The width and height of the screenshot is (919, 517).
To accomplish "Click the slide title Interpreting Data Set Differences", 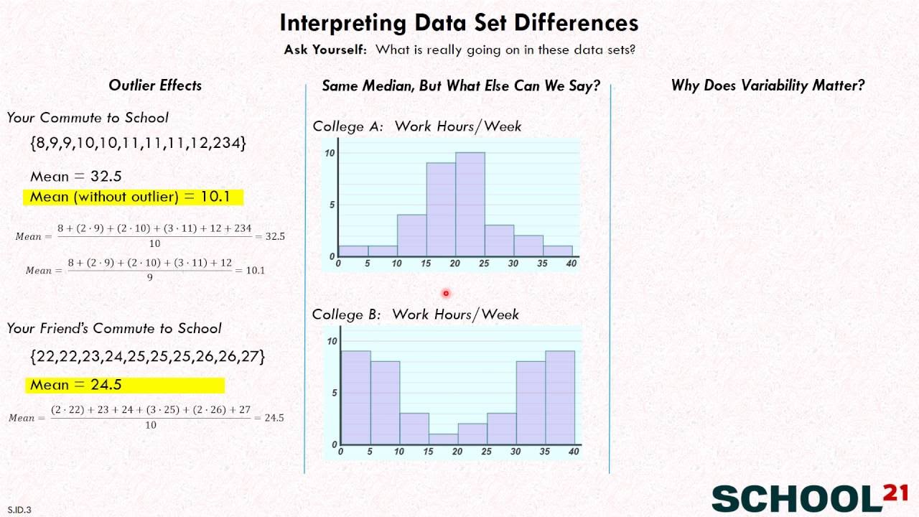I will pos(459,23).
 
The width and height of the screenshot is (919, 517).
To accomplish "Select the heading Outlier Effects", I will pos(155,85).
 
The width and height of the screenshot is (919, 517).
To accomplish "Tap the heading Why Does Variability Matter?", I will pos(768,85).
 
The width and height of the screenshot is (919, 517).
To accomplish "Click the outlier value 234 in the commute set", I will pos(227,143).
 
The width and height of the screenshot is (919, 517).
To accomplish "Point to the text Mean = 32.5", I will pos(76,176).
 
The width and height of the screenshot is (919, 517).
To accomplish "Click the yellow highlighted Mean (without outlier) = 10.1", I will pos(134,197).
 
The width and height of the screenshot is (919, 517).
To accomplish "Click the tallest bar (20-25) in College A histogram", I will pos(470,205).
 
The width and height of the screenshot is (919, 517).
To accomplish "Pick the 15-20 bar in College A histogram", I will pos(441,210).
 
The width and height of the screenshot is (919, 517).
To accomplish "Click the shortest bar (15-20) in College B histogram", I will pos(443,439).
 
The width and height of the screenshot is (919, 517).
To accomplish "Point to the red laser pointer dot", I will pos(446,293).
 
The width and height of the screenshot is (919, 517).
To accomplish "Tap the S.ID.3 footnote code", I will pos(19,510).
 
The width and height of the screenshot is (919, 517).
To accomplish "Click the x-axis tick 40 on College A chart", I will pos(572,264).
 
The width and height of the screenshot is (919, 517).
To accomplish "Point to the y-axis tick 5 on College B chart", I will pos(332,393).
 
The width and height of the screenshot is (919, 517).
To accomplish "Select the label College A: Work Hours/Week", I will pos(416,126).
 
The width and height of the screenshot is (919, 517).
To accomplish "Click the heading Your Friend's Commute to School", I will pos(114,328).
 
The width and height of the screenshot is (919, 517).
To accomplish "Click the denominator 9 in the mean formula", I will pos(149,278).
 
